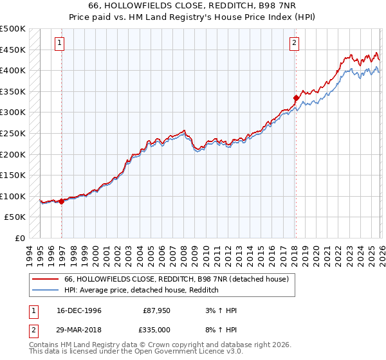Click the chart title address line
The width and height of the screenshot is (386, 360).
193,6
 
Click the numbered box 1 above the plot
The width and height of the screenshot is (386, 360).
59,43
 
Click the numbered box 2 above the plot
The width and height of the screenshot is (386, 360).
294,43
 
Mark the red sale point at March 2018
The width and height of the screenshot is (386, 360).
296,98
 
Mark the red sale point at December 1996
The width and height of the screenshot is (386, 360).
62,201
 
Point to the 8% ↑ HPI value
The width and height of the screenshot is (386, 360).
223,330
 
